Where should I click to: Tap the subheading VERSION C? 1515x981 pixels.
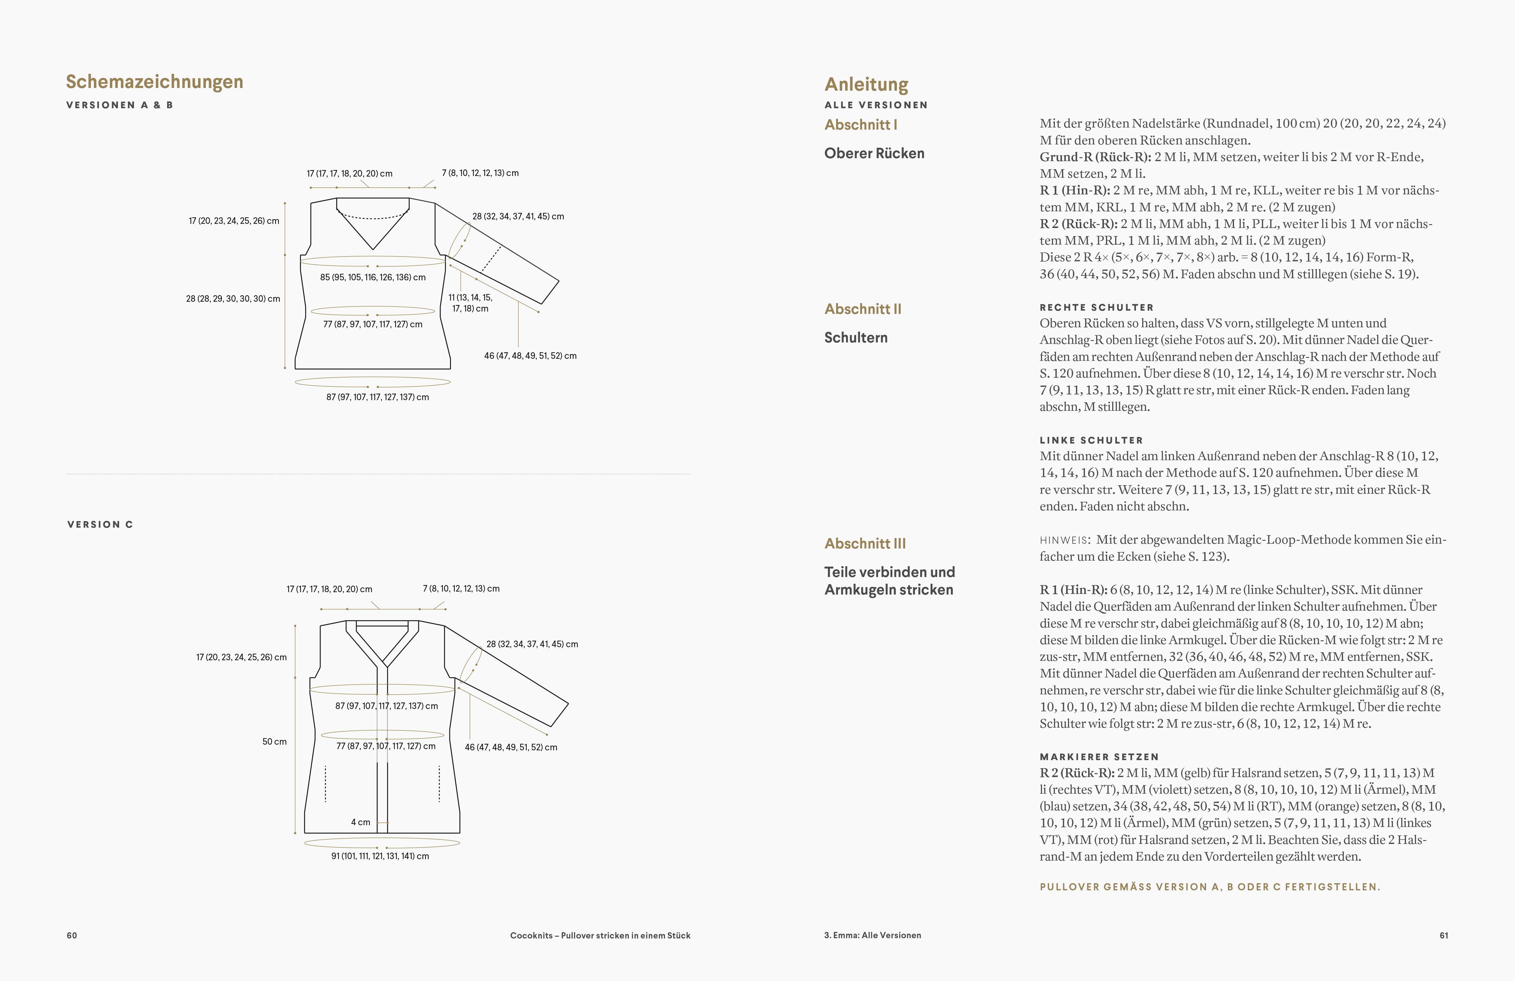click(100, 524)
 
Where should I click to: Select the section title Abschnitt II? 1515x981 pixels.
click(863, 309)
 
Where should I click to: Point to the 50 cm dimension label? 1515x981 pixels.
click(274, 741)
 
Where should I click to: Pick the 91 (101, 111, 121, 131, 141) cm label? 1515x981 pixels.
click(380, 856)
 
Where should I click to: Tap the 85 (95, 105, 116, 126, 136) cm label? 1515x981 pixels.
click(373, 277)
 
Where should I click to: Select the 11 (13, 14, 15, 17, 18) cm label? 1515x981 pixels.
click(471, 303)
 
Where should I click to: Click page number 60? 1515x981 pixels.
click(72, 935)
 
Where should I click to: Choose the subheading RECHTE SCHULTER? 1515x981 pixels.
click(1096, 307)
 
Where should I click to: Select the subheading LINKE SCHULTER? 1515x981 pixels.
click(1091, 440)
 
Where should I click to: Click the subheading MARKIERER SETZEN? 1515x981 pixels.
click(1099, 757)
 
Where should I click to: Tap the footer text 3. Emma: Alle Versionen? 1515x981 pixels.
click(872, 935)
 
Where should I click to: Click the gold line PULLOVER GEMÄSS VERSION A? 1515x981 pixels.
click(1209, 887)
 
